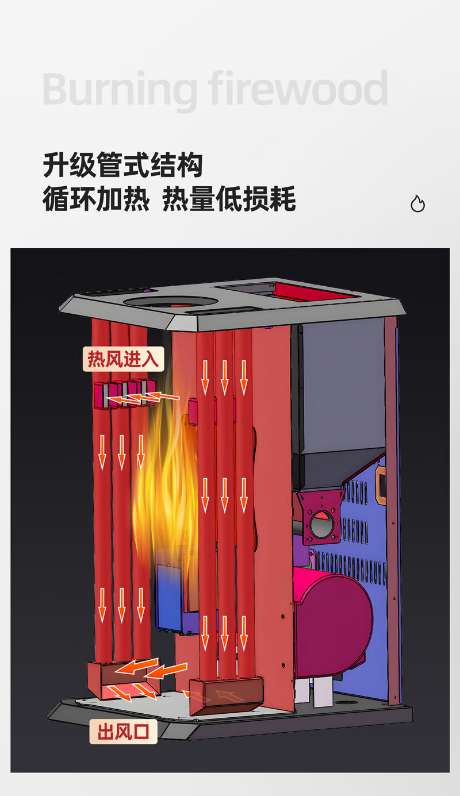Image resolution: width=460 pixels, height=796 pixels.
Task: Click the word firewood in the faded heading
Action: [298, 89]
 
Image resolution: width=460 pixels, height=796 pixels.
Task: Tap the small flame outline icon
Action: [417, 203]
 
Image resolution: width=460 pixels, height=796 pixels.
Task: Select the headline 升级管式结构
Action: [122, 166]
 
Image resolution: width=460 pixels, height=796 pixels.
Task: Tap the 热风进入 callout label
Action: [123, 359]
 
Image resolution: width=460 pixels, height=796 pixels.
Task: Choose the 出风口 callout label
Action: [123, 732]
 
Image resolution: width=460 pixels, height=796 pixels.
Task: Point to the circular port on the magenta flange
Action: [321, 525]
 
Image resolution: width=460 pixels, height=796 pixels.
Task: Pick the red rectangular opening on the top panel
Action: [313, 294]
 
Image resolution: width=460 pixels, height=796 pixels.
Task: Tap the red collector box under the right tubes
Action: [227, 694]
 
